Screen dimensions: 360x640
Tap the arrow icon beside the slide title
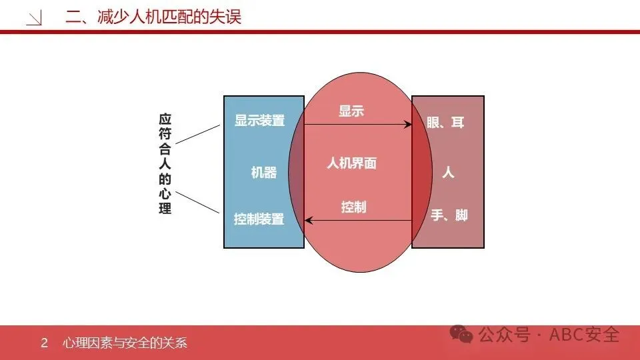[34, 19]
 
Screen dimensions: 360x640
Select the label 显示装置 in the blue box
[259, 121]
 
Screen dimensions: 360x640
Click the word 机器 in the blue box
[263, 172]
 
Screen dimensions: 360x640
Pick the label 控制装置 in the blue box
[259, 219]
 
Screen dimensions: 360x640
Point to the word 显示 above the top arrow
[351, 111]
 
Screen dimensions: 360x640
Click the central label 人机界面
[351, 163]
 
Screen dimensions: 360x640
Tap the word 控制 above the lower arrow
[353, 207]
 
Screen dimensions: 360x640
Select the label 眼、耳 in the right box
[445, 123]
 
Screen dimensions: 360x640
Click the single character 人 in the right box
[448, 172]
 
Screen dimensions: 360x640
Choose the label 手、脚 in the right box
[449, 215]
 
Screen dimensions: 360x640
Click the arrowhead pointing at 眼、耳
[408, 124]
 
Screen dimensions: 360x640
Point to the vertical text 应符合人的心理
[165, 164]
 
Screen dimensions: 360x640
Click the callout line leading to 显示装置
[197, 133]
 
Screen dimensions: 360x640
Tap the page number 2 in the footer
[45, 343]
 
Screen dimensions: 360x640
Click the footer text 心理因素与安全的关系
[124, 343]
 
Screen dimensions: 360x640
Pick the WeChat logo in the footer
[461, 334]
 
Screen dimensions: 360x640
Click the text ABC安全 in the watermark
[584, 335]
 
